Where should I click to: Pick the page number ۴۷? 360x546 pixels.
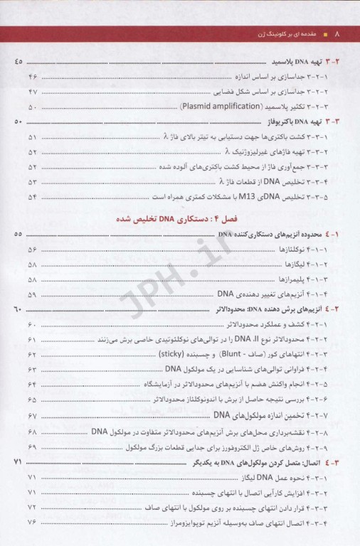(x=32, y=92)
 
